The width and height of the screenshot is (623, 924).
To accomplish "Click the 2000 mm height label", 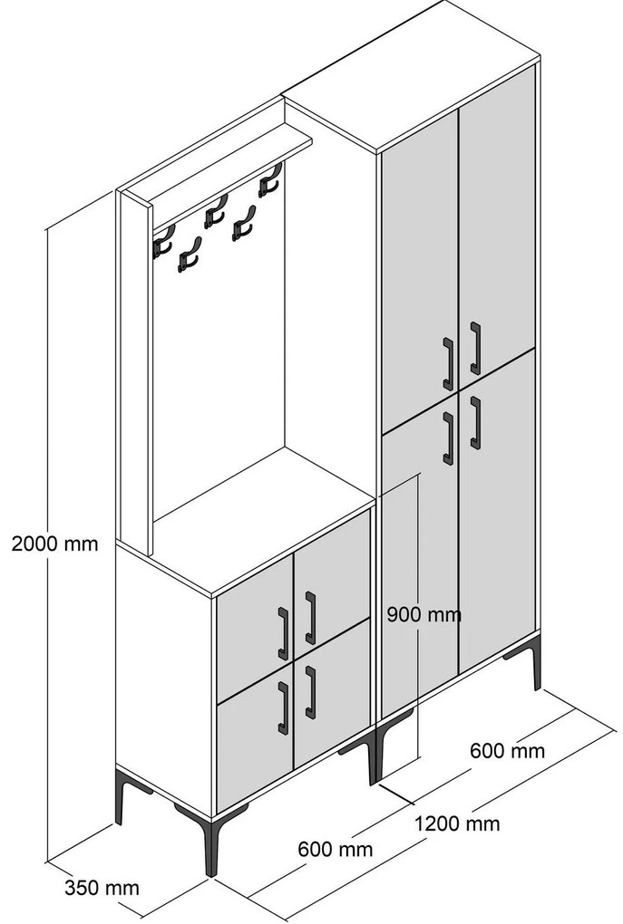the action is pyautogui.click(x=55, y=543).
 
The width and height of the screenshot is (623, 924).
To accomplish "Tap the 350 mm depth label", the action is pyautogui.click(x=102, y=888).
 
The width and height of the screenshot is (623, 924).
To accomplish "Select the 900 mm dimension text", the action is pyautogui.click(x=424, y=614).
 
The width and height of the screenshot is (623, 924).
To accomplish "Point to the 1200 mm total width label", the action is pyautogui.click(x=457, y=823).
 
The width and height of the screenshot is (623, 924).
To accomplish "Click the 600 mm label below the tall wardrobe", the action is pyautogui.click(x=507, y=751).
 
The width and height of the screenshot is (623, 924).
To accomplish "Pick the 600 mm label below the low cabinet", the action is pyautogui.click(x=336, y=849).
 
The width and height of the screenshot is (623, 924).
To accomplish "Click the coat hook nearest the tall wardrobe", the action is pyautogui.click(x=270, y=179).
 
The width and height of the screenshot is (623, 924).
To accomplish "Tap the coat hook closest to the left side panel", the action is pyautogui.click(x=163, y=242).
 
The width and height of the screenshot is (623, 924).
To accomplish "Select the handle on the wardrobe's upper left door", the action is pyautogui.click(x=448, y=363).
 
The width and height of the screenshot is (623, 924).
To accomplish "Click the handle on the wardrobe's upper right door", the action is pyautogui.click(x=475, y=348).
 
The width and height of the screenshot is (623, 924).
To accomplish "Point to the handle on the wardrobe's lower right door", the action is pyautogui.click(x=475, y=423).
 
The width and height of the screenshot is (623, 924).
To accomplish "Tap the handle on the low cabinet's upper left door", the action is pyautogui.click(x=283, y=633).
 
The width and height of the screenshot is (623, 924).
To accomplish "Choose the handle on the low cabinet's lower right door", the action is pyautogui.click(x=310, y=692).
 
